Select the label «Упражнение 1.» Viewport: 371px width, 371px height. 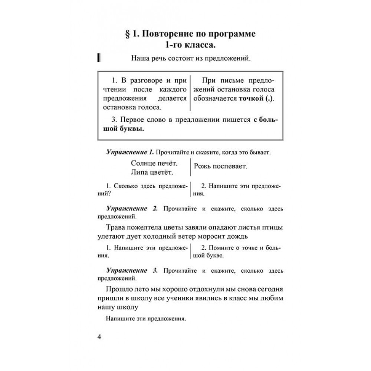pos(130,152)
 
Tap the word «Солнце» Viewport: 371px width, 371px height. pos(143,163)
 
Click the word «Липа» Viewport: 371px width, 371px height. pos(139,172)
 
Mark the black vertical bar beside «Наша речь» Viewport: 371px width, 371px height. pos(98,58)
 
